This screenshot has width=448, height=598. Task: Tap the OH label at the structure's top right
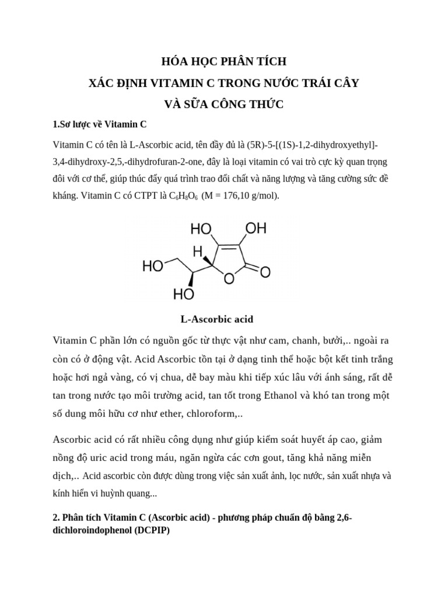point(254,228)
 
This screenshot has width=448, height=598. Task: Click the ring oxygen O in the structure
point(230,279)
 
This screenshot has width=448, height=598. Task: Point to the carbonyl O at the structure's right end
point(265,272)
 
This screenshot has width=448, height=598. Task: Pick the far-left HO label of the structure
point(153,267)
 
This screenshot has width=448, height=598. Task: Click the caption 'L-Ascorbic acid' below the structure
point(216,319)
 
